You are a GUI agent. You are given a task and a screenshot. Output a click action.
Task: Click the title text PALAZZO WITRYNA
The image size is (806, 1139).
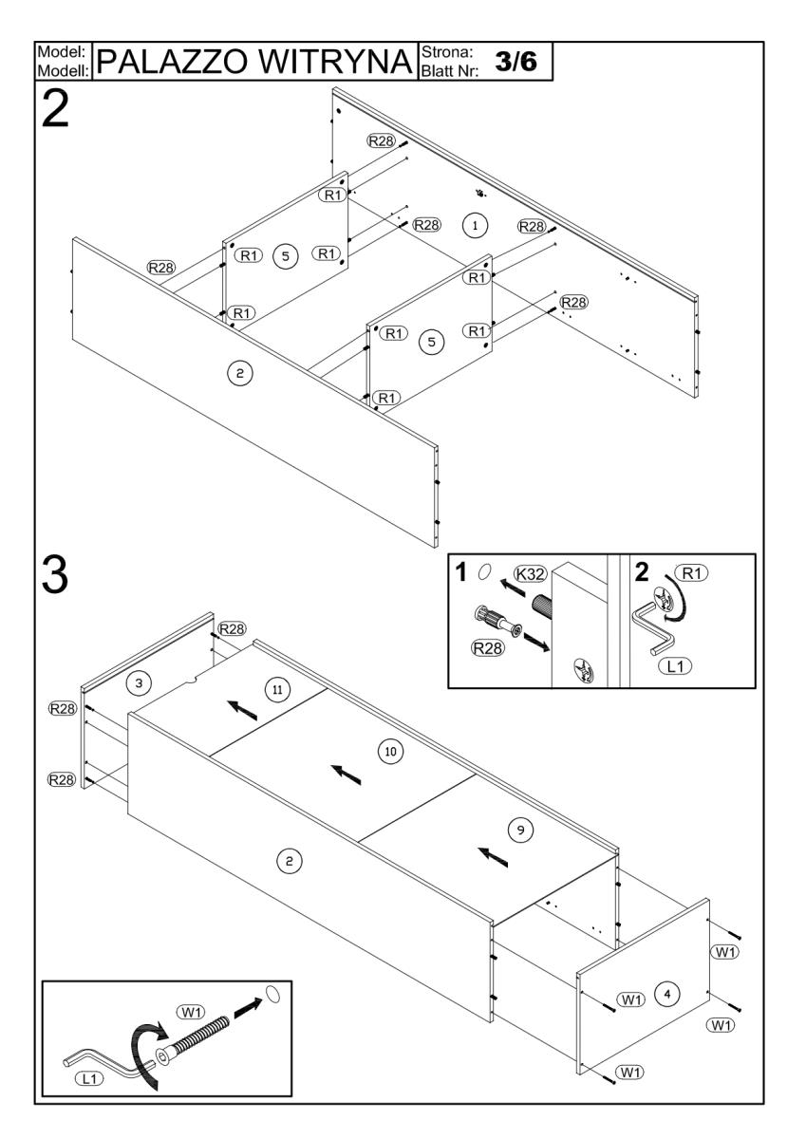[x=255, y=62]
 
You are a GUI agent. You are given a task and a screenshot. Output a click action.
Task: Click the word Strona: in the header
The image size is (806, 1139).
[x=447, y=52]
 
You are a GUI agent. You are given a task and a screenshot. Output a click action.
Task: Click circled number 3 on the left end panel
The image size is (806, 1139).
[x=139, y=682]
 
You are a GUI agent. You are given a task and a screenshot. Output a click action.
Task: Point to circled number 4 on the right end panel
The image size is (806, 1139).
[x=668, y=994]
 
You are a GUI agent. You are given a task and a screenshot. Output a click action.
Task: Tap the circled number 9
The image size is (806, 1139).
[x=519, y=829]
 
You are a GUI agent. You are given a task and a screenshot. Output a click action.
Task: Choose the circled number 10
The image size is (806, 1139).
[x=389, y=751]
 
